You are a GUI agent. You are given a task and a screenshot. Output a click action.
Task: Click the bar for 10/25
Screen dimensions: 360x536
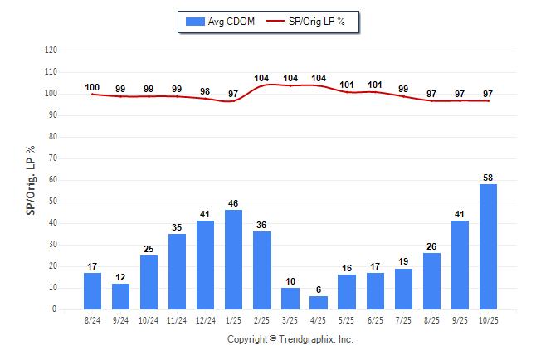[488, 246]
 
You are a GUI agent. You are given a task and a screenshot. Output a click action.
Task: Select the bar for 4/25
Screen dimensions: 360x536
[319, 303]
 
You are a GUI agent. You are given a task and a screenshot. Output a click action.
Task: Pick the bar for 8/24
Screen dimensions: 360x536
[92, 291]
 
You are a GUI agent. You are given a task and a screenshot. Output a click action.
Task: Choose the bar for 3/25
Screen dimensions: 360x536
[290, 299]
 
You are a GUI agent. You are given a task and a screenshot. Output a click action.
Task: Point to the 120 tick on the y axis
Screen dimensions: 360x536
[51, 51]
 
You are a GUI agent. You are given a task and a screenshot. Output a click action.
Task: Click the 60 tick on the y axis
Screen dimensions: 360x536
[52, 180]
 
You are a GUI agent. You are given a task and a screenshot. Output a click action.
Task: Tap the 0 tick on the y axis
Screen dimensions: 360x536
[55, 309]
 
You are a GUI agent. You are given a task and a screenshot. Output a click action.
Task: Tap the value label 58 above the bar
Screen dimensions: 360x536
[488, 178]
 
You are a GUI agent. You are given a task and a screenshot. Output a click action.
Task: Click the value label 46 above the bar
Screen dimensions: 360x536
[234, 203]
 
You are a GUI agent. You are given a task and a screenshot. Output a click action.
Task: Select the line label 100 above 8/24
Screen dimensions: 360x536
[92, 87]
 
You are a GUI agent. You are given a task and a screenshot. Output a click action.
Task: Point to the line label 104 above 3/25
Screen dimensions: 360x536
[290, 79]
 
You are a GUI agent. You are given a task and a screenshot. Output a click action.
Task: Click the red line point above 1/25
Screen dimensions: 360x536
[234, 100]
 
